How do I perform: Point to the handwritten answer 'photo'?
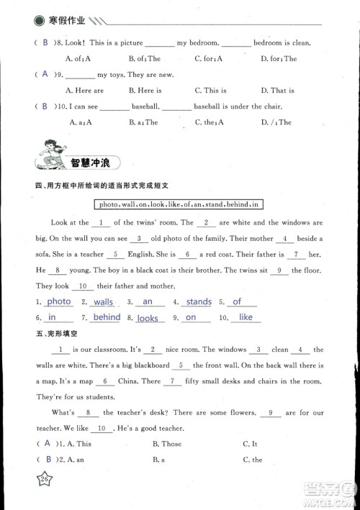click(60, 302)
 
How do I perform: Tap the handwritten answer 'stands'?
click(199, 302)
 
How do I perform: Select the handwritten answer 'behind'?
click(107, 317)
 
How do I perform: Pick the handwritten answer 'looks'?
click(148, 318)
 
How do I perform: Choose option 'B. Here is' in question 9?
click(145, 91)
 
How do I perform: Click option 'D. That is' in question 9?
click(277, 91)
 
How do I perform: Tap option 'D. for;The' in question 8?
click(279, 58)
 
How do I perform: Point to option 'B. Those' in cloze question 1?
click(166, 444)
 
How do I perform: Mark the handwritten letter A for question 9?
click(45, 74)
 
